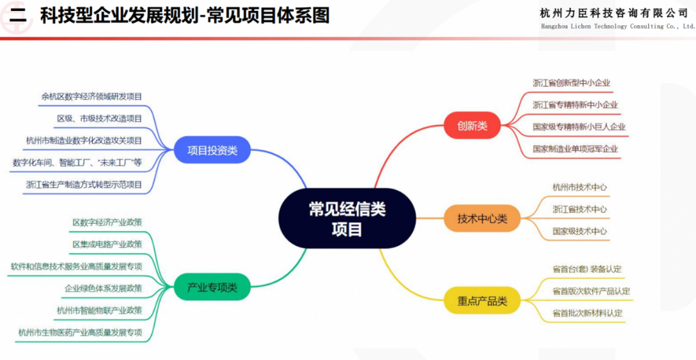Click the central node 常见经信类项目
(x=346, y=218)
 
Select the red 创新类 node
(x=472, y=126)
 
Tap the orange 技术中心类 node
(x=482, y=218)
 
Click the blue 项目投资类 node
(x=212, y=151)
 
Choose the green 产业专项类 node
(x=212, y=287)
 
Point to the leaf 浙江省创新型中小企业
(x=571, y=83)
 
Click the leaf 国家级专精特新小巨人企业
(x=579, y=127)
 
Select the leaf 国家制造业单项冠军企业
(x=575, y=149)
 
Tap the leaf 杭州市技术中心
(x=579, y=187)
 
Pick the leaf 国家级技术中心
(x=579, y=231)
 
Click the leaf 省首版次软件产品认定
(x=591, y=291)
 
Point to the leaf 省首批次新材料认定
(x=587, y=313)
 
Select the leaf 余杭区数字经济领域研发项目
(x=92, y=97)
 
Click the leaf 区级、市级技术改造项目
(x=99, y=118)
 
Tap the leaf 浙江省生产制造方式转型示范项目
(x=84, y=184)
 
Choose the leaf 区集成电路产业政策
(x=107, y=244)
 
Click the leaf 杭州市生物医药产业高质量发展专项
(x=80, y=332)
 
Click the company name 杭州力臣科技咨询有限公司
(x=614, y=14)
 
